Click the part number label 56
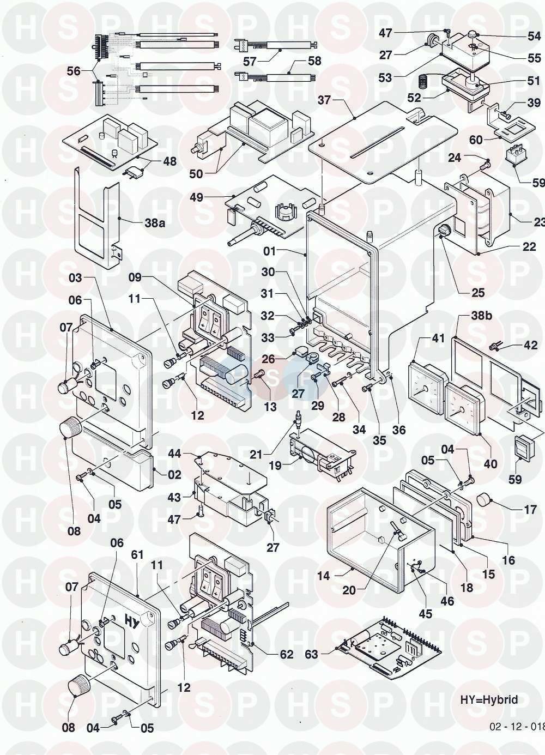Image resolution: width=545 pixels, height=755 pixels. click(x=73, y=71)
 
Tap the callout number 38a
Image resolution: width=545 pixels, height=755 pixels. click(x=154, y=223)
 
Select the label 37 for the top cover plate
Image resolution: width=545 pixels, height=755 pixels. click(x=325, y=100)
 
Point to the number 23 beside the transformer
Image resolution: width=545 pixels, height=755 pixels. click(x=538, y=222)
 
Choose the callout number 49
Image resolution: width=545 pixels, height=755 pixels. click(x=196, y=197)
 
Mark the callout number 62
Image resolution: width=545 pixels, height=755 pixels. click(x=286, y=654)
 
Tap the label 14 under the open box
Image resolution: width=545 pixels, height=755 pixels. click(x=324, y=576)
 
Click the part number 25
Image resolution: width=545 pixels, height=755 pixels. click(x=478, y=293)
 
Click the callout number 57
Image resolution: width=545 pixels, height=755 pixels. click(x=250, y=62)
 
